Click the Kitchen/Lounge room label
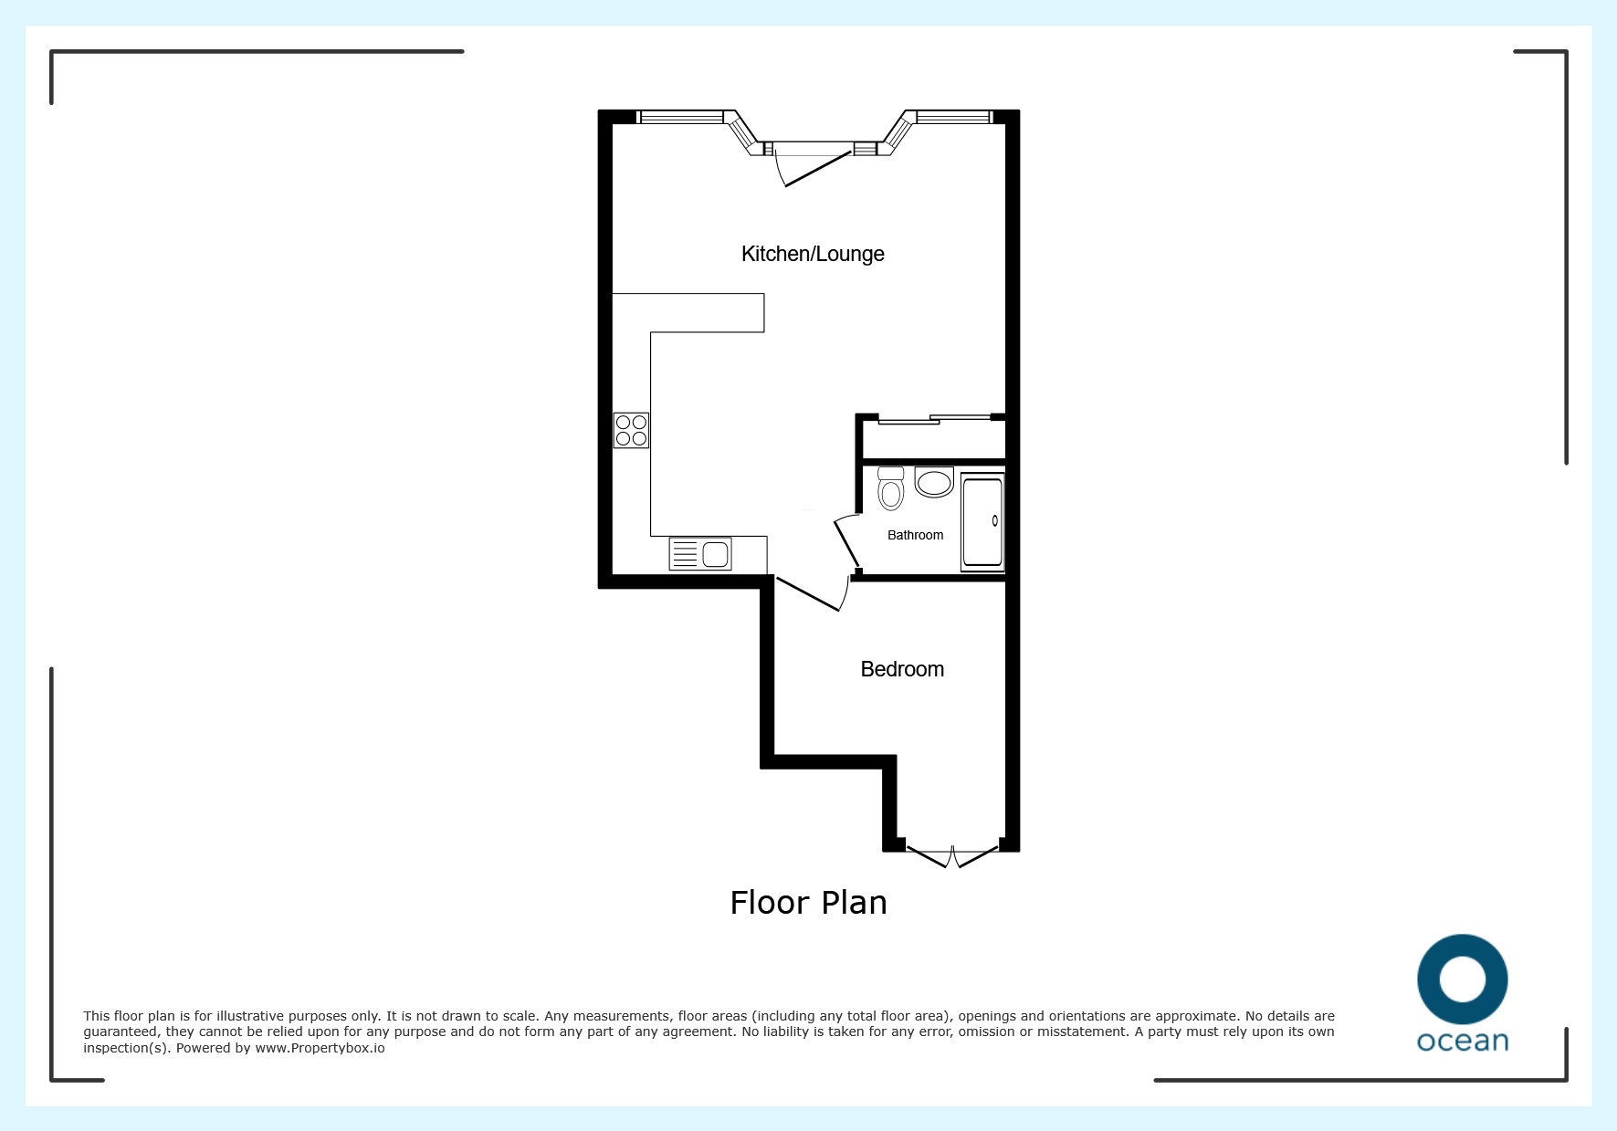(x=813, y=254)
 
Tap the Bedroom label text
(x=902, y=669)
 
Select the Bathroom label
(x=915, y=535)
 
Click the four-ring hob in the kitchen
(x=631, y=430)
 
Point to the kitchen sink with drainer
(x=700, y=553)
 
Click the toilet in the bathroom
(x=890, y=488)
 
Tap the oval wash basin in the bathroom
(x=934, y=482)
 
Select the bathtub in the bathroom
(x=982, y=522)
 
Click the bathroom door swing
(x=846, y=543)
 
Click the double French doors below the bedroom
(x=952, y=857)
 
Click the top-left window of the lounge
(x=680, y=117)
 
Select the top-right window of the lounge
(x=953, y=117)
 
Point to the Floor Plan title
(x=808, y=903)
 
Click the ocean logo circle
(x=1463, y=945)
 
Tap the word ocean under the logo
(x=1463, y=1042)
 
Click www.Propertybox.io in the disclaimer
(x=320, y=1048)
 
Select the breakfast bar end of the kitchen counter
(x=688, y=313)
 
